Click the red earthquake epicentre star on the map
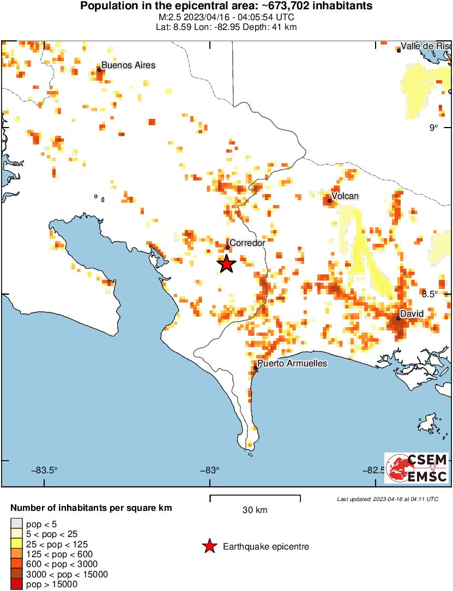(227, 264)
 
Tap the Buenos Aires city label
(128, 65)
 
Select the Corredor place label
(247, 243)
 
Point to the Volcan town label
(346, 196)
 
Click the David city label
(410, 314)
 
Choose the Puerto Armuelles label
(292, 363)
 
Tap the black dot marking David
(398, 318)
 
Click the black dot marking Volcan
(329, 201)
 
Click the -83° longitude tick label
(210, 471)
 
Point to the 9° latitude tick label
(433, 128)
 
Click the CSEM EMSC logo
(416, 468)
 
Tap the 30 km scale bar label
(255, 510)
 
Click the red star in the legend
(209, 546)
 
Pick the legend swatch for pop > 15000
(17, 584)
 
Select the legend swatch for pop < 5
(17, 524)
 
